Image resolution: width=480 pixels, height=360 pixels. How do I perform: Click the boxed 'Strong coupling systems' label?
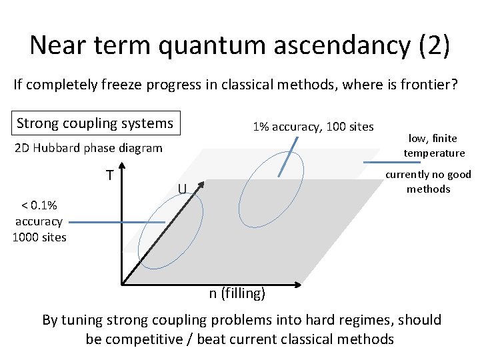95,123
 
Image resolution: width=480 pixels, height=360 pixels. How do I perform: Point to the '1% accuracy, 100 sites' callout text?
312,127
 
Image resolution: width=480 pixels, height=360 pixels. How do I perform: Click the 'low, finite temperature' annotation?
433,146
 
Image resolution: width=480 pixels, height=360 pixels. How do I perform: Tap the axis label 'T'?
108,175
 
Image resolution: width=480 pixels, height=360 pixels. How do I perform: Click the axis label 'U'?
181,189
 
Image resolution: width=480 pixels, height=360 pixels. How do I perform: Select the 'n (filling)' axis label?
237,294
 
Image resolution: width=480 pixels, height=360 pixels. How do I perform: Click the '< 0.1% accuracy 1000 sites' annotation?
39,221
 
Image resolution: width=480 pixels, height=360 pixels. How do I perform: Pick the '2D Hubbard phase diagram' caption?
88,148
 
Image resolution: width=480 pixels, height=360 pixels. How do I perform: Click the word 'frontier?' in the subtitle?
429,85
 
